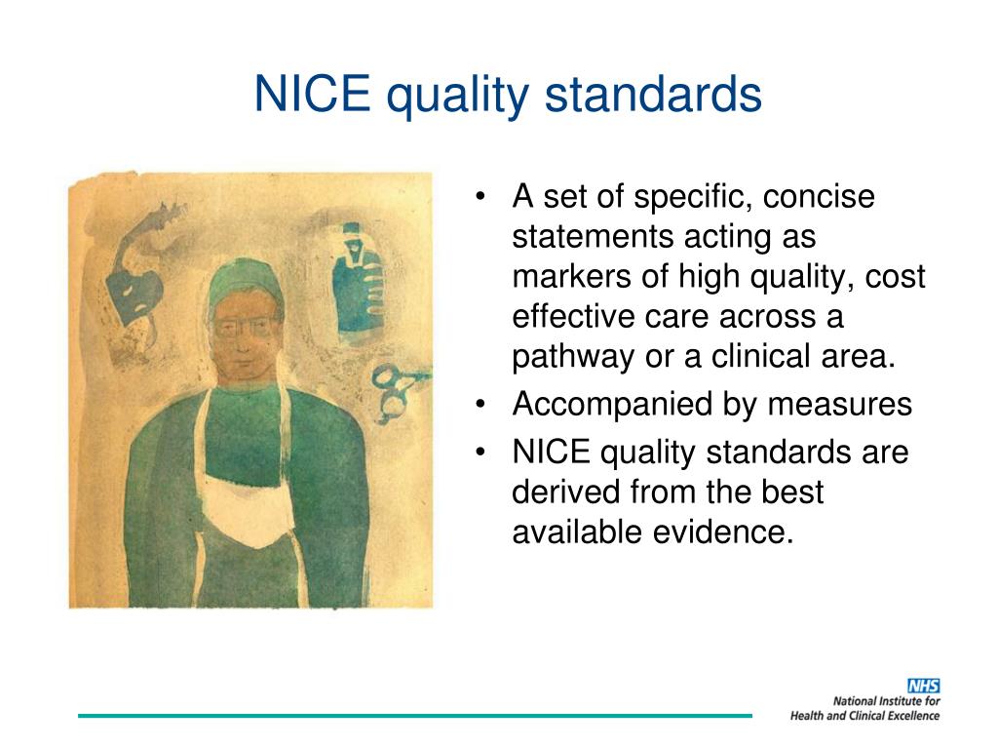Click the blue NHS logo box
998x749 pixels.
(923, 686)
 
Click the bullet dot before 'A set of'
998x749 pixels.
(480, 198)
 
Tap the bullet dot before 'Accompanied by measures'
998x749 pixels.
(480, 405)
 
